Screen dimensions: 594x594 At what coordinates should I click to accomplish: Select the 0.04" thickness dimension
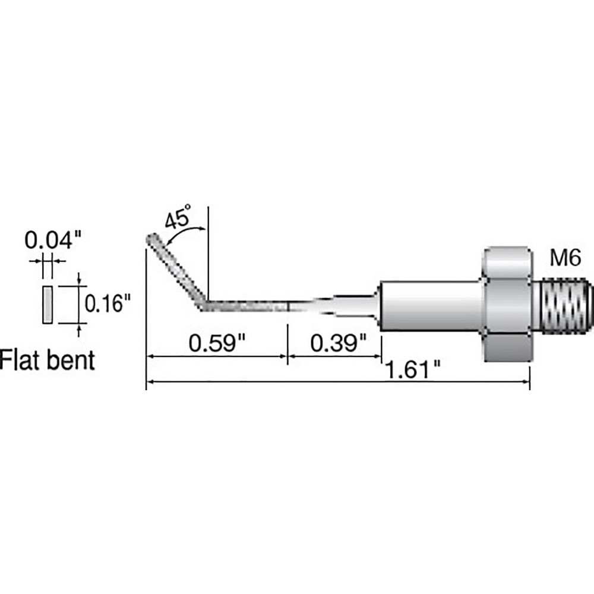click(52, 241)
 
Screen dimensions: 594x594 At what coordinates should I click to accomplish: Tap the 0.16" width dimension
click(108, 304)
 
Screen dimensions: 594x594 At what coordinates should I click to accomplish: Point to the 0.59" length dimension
click(217, 343)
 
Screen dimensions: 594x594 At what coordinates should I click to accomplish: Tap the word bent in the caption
click(72, 360)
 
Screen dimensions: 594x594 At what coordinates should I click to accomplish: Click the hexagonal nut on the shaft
click(506, 304)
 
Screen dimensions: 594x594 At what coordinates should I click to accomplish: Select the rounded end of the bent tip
click(151, 239)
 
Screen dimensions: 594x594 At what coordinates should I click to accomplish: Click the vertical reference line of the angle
click(208, 249)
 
